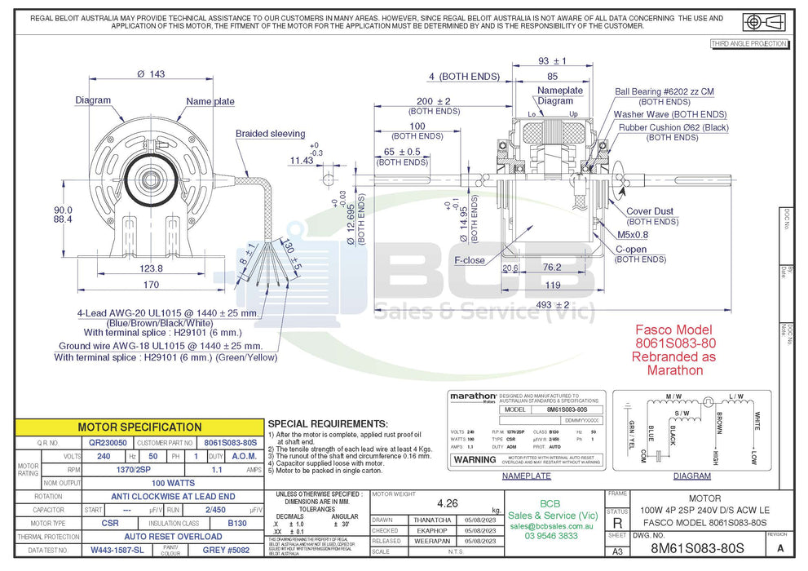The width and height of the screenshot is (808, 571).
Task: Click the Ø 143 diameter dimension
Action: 151,74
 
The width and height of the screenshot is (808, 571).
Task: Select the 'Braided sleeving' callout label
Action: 270,134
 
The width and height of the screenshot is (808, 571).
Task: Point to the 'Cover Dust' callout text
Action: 650,211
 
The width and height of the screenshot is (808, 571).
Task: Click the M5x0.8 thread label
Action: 632,235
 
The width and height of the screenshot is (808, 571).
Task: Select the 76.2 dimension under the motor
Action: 551,267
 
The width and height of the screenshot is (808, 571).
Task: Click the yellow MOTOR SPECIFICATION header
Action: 139,427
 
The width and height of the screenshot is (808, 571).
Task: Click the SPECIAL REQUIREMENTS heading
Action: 327,424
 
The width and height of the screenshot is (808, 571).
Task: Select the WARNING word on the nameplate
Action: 475,460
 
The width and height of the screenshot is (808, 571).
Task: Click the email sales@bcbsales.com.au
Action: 553,527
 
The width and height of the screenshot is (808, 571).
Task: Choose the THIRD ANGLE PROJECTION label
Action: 748,43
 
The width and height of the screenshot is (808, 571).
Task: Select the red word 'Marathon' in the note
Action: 674,370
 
